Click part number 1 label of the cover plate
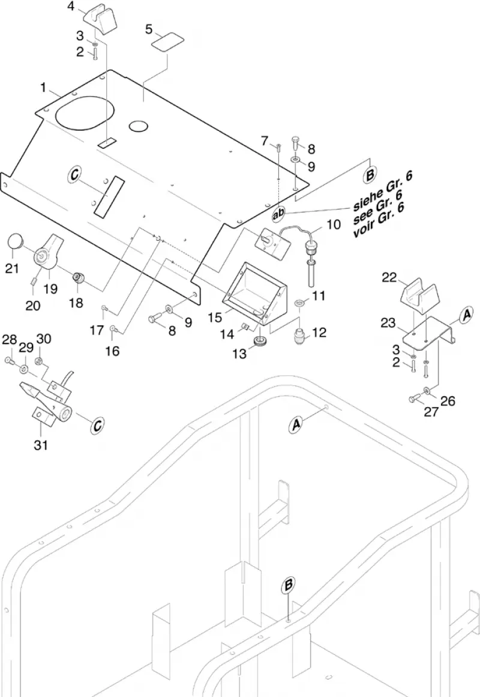[x=43, y=88]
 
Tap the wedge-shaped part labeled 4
[x=100, y=20]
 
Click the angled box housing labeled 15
[x=255, y=294]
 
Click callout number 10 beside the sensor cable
[x=334, y=225]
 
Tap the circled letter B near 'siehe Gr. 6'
[x=370, y=175]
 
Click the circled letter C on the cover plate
[x=74, y=174]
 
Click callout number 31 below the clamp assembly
[x=41, y=444]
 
